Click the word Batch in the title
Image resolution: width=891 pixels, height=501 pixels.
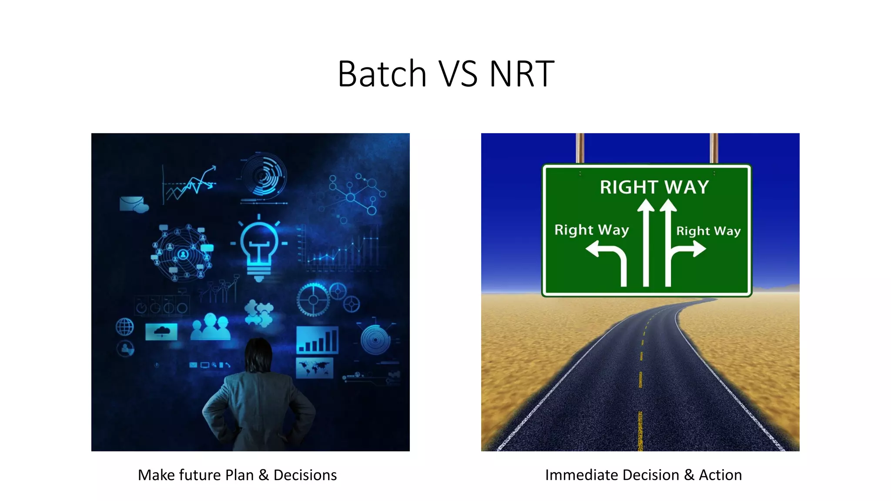pos(382,74)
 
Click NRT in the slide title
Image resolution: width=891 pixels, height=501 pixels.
pos(522,74)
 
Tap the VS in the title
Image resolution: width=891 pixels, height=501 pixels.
pos(458,74)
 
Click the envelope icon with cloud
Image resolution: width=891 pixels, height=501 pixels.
pos(133,204)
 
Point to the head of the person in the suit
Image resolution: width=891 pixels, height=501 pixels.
pos(259,354)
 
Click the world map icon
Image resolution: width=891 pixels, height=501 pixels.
pos(314,368)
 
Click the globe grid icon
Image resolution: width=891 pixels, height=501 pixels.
pos(125,327)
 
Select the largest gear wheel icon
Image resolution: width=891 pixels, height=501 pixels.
pos(313,300)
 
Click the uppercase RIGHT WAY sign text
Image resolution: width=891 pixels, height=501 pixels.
pos(654,187)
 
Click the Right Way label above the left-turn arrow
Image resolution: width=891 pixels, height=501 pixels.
pos(591,230)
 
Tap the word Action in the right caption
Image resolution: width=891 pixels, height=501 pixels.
pos(720,475)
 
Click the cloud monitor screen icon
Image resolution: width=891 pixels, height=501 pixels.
pos(161,332)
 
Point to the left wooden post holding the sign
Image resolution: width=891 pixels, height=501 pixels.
pos(580,148)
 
